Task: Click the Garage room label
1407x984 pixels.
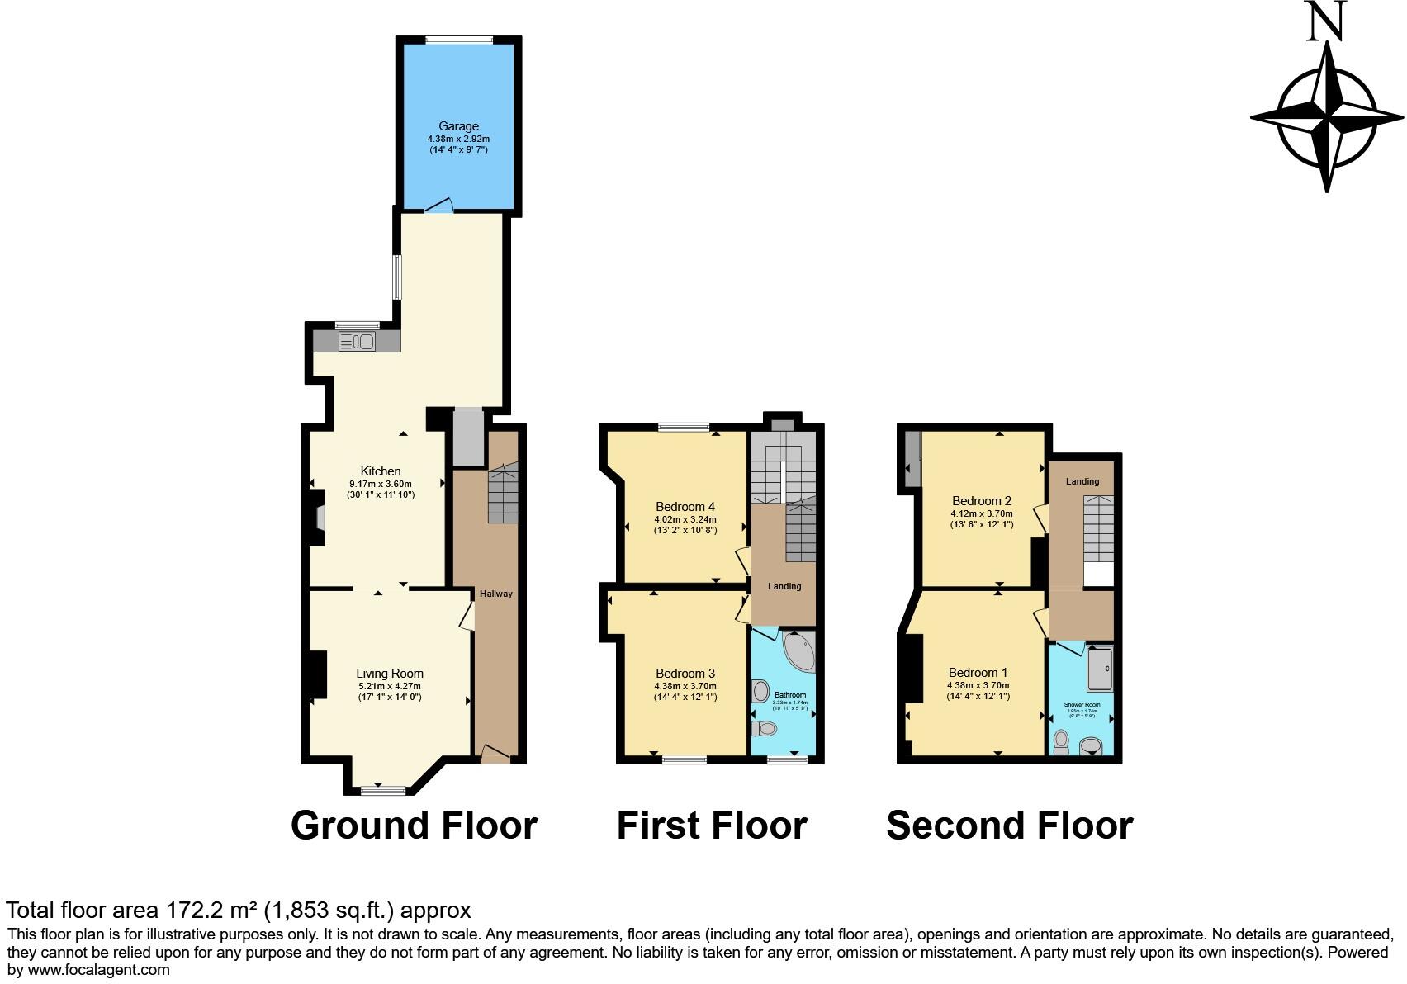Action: click(x=458, y=126)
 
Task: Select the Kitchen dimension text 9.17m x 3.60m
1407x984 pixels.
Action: click(x=381, y=484)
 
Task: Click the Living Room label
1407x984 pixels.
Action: click(x=390, y=674)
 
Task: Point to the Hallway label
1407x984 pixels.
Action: click(x=496, y=594)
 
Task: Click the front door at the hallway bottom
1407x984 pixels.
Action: click(x=495, y=753)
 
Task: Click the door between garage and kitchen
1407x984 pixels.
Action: click(x=438, y=206)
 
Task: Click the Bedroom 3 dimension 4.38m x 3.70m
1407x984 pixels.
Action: click(x=685, y=686)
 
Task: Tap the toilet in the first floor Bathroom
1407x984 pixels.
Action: click(x=765, y=728)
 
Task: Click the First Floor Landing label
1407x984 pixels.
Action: click(x=784, y=586)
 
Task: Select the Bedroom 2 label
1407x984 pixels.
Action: click(x=982, y=501)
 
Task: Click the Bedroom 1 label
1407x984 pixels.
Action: click(x=978, y=673)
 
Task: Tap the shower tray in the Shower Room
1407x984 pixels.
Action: click(x=1100, y=669)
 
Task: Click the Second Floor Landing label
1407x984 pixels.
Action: click(x=1082, y=481)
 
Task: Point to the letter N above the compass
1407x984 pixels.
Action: click(x=1327, y=21)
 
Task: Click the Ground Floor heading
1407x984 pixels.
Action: click(x=414, y=825)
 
